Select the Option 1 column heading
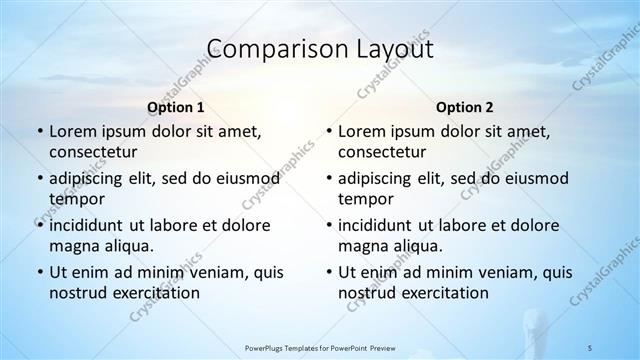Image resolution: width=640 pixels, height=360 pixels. click(176, 107)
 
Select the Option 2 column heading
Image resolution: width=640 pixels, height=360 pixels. click(465, 107)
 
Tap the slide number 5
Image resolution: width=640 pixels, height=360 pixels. click(591, 347)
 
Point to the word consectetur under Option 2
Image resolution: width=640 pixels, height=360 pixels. click(382, 152)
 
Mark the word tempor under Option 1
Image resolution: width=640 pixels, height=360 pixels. click(74, 198)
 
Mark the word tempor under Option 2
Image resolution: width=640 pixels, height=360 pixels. click(363, 198)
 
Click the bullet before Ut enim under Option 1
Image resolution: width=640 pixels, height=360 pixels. click(39, 272)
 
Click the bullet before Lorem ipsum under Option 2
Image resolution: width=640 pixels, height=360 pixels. click(328, 132)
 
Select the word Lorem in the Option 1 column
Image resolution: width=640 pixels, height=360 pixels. click(72, 132)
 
